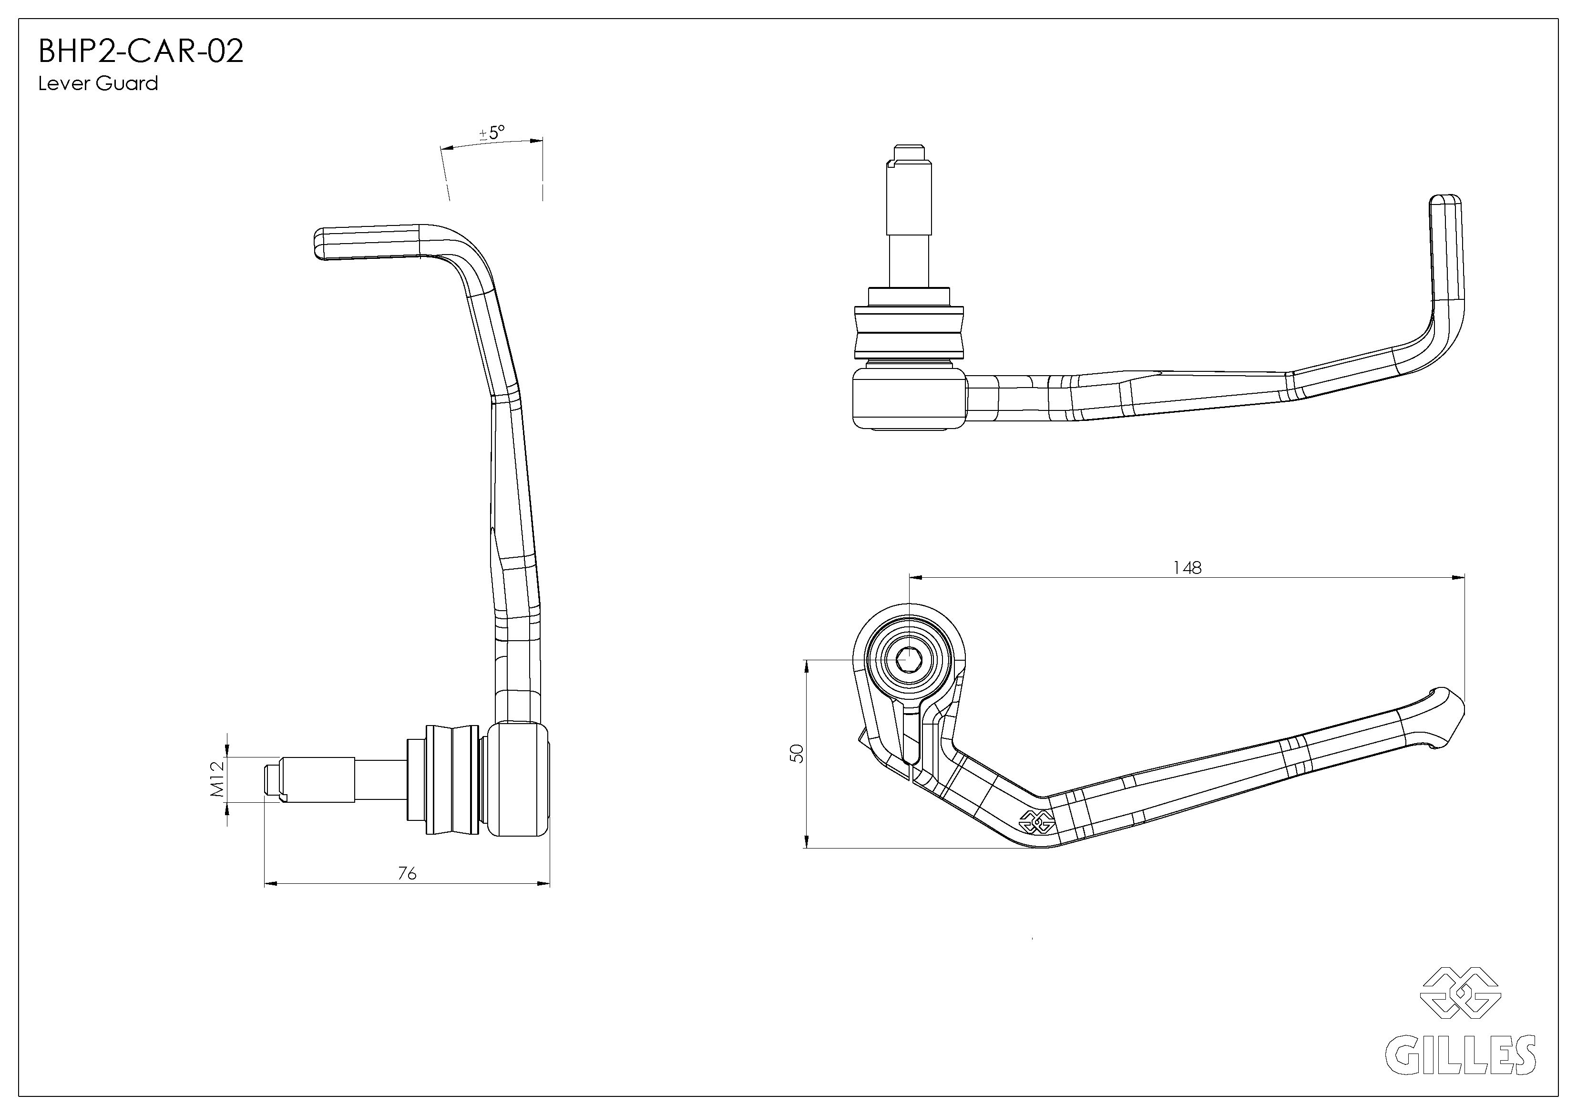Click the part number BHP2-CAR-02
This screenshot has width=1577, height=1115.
click(x=141, y=51)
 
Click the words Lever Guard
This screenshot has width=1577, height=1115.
click(x=98, y=84)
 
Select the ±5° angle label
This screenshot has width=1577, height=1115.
click(x=492, y=132)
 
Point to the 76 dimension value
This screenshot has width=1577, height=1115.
click(x=407, y=873)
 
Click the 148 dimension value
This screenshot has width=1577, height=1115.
click(x=1187, y=567)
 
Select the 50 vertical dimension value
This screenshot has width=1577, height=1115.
click(x=797, y=753)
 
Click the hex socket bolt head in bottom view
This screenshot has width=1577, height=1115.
click(x=909, y=661)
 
